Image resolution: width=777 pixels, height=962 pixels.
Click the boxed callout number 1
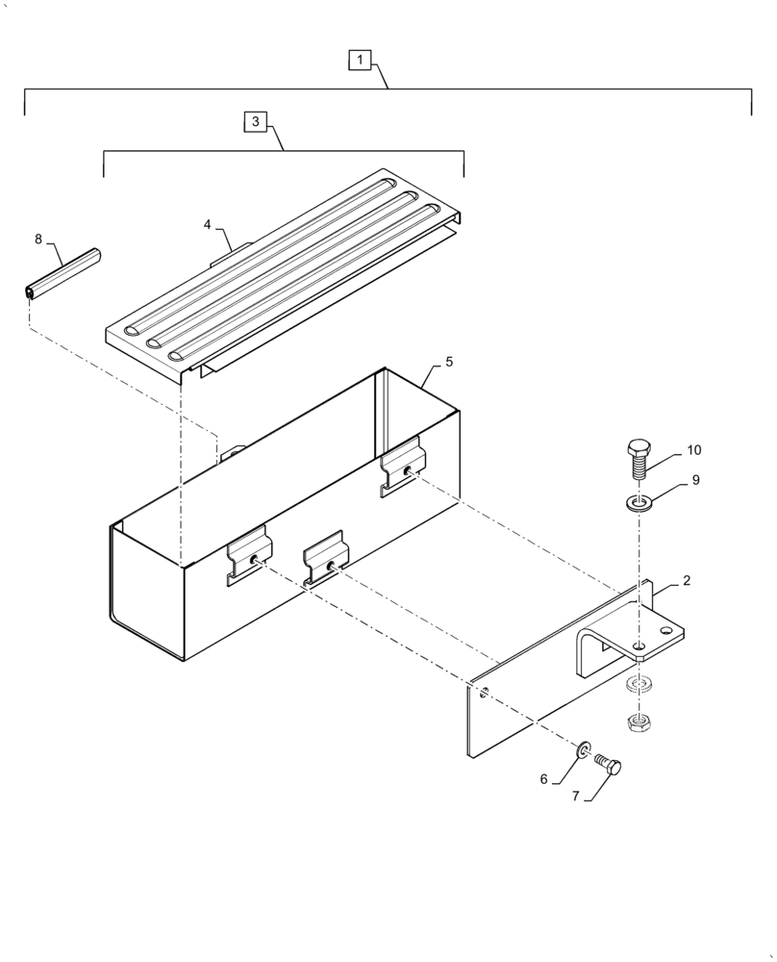(x=359, y=61)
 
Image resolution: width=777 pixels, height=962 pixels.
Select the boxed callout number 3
(x=255, y=121)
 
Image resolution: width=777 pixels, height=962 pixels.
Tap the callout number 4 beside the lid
(x=207, y=224)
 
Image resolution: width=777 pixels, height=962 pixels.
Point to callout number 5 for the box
(x=448, y=362)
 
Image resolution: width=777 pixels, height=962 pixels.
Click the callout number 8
(x=38, y=238)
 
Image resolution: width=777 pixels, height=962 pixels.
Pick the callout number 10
(x=693, y=450)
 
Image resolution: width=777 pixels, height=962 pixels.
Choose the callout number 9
(x=695, y=480)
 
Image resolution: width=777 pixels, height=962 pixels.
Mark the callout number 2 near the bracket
(x=687, y=580)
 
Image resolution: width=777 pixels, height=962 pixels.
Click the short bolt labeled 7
(x=610, y=764)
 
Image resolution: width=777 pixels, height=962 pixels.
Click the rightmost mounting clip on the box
(x=402, y=467)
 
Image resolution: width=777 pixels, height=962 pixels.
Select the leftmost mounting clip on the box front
(x=249, y=554)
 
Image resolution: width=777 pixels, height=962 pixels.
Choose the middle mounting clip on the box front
(x=325, y=559)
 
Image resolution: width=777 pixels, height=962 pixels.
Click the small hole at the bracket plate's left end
(x=484, y=691)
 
